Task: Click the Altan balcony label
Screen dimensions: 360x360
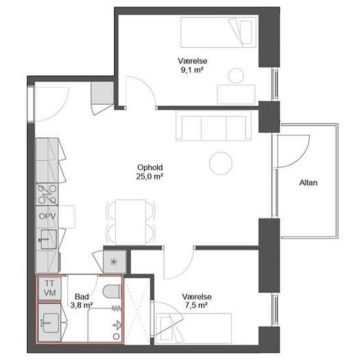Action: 308,183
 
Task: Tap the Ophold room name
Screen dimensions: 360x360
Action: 150,168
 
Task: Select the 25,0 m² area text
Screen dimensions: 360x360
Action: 150,177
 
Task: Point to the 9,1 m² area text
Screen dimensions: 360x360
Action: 192,70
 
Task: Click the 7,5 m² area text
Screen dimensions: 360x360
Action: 197,306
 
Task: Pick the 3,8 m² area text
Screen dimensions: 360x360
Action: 82,306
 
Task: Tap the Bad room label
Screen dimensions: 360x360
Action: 82,297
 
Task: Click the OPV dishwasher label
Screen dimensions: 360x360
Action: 47,216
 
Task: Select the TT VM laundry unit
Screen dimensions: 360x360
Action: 50,289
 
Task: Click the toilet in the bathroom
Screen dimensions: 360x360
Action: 112,291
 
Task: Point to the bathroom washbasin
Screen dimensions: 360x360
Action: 51,323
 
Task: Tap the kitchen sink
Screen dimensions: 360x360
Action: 48,240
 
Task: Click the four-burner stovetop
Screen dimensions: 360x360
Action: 47,194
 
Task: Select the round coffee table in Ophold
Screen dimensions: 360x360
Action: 221,163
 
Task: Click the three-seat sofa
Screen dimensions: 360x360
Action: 213,126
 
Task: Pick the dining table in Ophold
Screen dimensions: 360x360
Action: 131,222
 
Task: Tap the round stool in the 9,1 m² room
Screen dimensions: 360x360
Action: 236,75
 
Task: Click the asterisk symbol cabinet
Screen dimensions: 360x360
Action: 114,262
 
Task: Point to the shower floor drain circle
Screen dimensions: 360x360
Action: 117,336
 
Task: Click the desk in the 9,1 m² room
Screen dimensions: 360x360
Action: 236,94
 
